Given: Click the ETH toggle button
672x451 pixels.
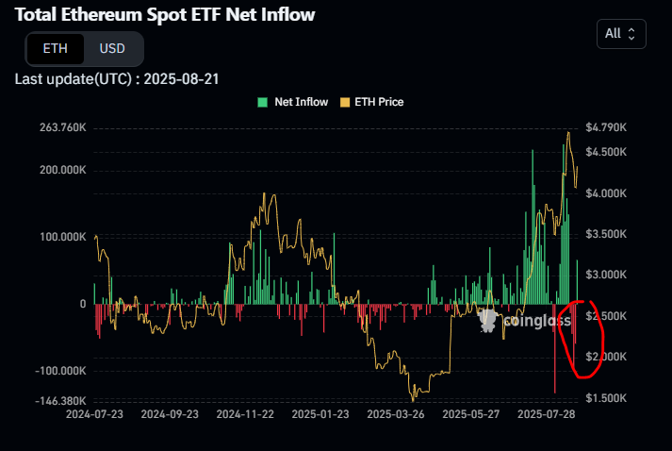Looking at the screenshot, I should pos(55,48).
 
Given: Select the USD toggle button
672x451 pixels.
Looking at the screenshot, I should pos(112,48).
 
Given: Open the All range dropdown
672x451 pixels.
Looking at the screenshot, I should pos(621,33).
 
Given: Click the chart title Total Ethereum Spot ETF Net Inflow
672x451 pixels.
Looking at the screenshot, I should pos(165,14).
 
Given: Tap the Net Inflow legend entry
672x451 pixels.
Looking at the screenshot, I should pos(294,102).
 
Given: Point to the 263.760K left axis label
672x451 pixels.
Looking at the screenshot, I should pos(58,127).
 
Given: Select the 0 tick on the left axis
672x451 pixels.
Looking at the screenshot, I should pos(82,304).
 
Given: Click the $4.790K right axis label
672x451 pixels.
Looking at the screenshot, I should pos(605,127).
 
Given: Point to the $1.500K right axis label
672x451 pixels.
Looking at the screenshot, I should pos(605,398).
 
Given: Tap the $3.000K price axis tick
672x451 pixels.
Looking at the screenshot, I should pos(605,275).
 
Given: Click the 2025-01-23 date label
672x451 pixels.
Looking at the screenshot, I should pos(320,414).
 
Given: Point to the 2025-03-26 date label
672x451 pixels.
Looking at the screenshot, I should pos(396,414).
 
